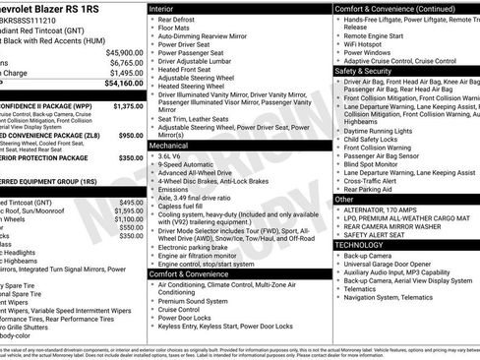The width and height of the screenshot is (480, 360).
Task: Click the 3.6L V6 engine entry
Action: point(170,155)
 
